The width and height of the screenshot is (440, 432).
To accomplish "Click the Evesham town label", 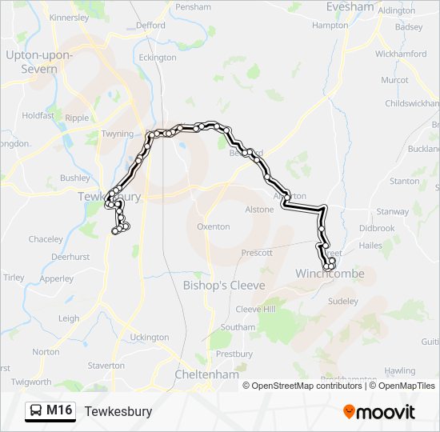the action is [x=350, y=7].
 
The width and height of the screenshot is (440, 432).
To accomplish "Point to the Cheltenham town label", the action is [x=206, y=374].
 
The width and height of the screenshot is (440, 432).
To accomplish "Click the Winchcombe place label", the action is [x=330, y=274].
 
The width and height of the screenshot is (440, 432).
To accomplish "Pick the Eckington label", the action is [x=158, y=58].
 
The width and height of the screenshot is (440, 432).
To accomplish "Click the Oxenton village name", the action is [x=214, y=227].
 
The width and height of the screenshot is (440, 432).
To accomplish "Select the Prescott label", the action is [x=257, y=253].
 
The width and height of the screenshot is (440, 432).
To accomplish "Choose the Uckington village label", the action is [x=150, y=338].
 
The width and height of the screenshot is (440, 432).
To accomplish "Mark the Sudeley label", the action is [x=343, y=302].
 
